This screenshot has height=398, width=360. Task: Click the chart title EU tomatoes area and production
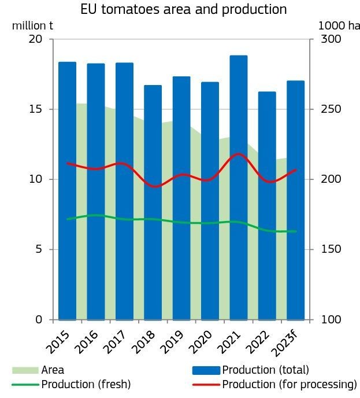coord(184,9)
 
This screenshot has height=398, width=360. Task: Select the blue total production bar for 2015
coord(67,191)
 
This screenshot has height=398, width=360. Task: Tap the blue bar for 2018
coord(153,202)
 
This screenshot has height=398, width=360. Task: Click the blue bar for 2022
coord(267,205)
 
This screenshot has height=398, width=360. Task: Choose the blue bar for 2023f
coord(295,200)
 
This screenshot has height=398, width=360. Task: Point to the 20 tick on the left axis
coord(36,39)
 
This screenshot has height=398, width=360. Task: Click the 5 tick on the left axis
coord(39,249)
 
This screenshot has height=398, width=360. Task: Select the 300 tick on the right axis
coord(328,39)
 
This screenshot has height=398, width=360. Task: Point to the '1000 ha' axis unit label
coord(338,25)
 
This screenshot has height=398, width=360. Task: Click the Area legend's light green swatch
coord(25,370)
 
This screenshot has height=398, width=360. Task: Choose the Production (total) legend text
coord(265,370)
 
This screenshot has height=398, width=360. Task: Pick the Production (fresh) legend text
coord(86,384)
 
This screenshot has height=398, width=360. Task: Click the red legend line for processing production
coord(206,384)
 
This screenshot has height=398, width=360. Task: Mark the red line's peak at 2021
coord(238,154)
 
